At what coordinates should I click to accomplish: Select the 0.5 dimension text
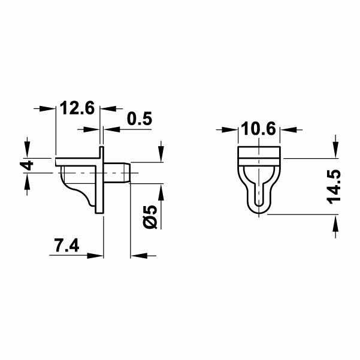[140, 119]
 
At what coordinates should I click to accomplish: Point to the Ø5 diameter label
[150, 216]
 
